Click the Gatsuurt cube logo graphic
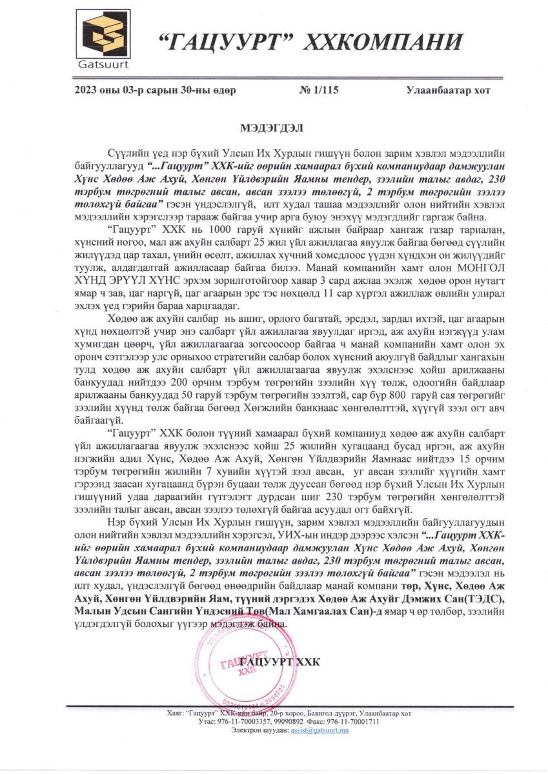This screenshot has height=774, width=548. pos(103,34)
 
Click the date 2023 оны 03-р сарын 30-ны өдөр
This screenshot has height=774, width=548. pos(156,90)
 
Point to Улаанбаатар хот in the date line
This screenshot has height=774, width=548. pos(448,90)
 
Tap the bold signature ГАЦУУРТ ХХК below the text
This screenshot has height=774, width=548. pos(279,662)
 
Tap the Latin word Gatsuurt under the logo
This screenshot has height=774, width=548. pos(103,64)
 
